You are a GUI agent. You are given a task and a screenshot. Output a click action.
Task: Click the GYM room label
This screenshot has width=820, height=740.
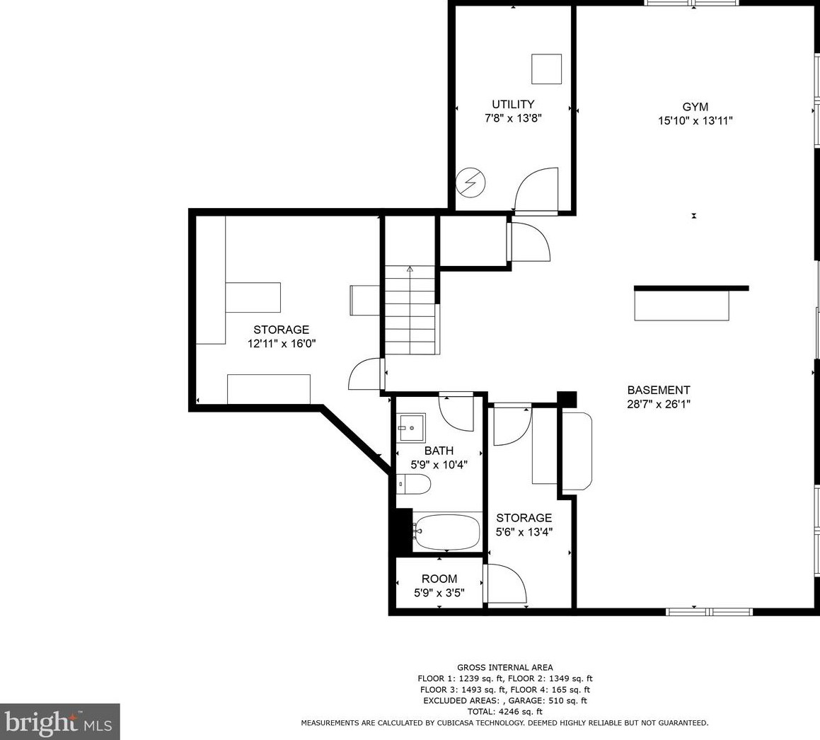[695, 107]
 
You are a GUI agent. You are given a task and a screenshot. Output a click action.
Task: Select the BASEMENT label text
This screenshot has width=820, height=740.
[658, 390]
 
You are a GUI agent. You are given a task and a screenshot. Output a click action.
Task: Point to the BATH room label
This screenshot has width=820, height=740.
[439, 451]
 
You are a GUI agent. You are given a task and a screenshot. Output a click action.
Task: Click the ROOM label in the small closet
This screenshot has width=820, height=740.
[439, 579]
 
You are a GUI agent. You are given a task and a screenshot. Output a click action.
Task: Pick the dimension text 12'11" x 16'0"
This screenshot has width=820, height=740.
[281, 344]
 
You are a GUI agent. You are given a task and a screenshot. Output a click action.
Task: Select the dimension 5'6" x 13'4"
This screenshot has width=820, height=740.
[524, 532]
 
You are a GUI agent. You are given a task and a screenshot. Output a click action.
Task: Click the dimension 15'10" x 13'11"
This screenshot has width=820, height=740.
[695, 121]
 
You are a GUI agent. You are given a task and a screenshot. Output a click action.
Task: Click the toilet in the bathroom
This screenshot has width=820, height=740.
[415, 485]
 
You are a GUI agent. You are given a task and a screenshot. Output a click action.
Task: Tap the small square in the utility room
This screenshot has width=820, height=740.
[546, 69]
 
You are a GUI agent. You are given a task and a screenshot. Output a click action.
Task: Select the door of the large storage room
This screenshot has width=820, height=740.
[366, 374]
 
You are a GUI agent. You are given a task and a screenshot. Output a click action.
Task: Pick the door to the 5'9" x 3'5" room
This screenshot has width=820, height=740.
[505, 584]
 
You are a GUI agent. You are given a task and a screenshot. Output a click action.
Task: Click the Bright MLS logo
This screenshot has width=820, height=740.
[60, 722]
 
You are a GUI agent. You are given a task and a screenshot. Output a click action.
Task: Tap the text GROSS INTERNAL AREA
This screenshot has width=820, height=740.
[504, 667]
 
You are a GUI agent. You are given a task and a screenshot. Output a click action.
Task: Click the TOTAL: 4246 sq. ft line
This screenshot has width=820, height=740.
[504, 712]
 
